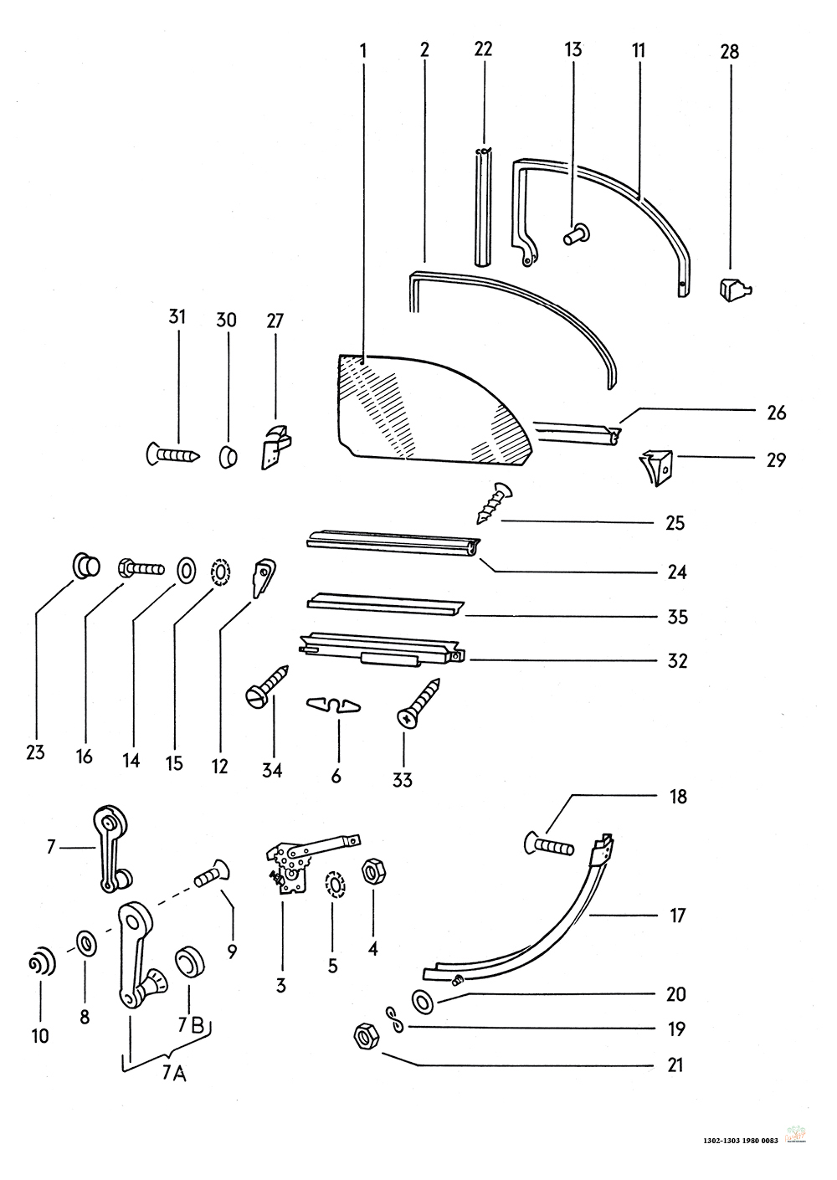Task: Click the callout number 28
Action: [729, 51]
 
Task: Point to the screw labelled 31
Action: [172, 454]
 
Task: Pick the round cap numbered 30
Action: [228, 457]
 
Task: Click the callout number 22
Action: [483, 49]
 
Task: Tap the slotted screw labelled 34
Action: [269, 684]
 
